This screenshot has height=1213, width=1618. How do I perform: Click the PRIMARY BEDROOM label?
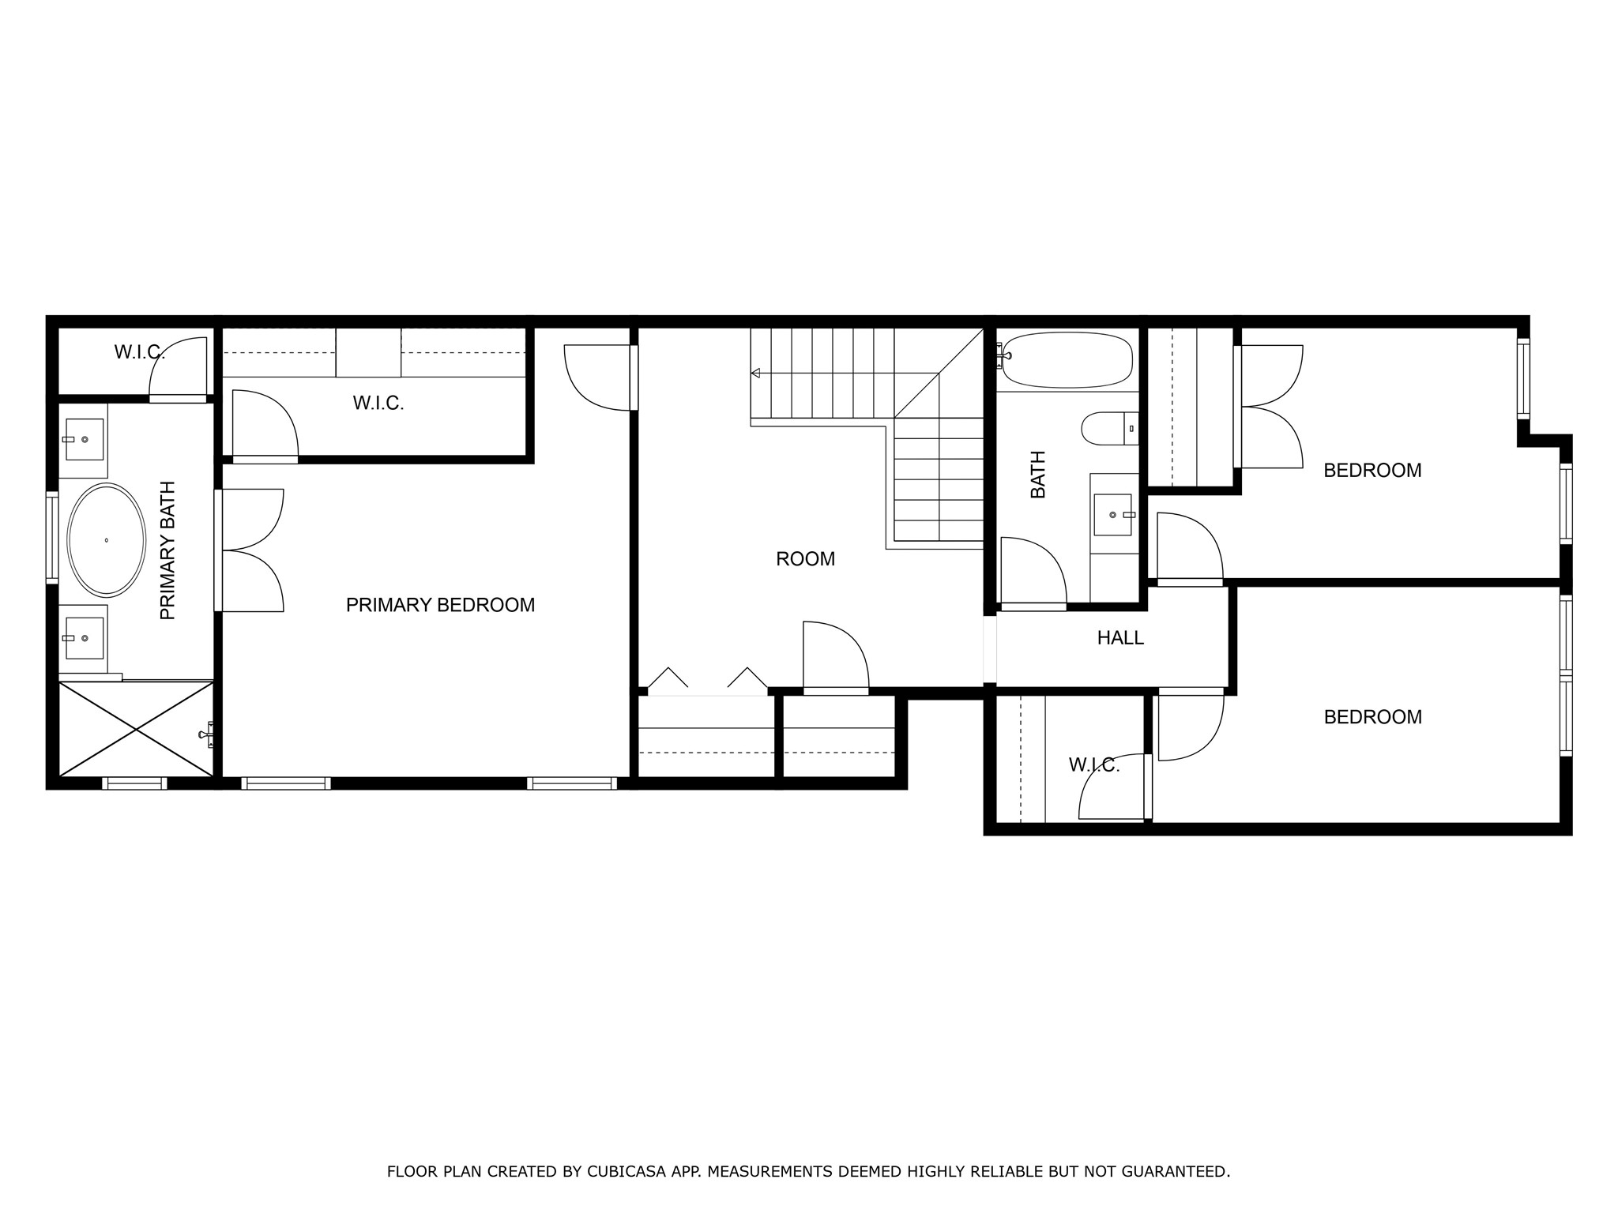440,605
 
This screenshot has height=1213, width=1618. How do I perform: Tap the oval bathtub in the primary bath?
107,539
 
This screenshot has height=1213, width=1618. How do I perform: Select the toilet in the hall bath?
1108,429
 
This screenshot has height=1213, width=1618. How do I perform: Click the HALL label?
1119,638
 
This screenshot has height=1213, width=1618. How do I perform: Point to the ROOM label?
805,559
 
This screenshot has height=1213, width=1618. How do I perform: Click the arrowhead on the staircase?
756,373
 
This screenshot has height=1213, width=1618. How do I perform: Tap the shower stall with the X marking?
136,728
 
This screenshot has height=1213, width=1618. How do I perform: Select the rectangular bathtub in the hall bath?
1067,359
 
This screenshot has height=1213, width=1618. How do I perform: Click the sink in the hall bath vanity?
1112,515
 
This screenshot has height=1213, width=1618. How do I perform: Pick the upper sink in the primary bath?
84,439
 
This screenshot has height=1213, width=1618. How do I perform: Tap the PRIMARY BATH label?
167,550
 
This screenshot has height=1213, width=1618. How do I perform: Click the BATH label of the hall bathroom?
1038,475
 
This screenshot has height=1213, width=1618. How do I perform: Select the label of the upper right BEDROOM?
1372,471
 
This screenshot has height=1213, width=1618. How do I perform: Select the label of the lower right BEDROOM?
1372,717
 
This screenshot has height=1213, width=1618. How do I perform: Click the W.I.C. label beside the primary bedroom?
378,404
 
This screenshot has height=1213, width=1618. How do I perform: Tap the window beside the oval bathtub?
52,537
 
